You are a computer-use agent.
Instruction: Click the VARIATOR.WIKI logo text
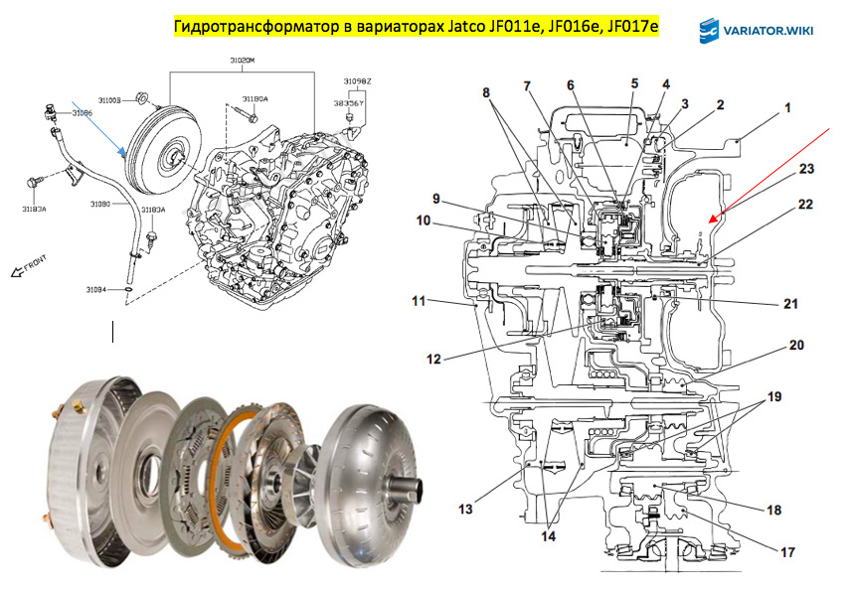tap(770, 31)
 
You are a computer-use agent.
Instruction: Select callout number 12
tap(434, 359)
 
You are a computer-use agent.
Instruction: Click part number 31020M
tap(242, 62)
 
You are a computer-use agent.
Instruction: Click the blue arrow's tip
tap(122, 153)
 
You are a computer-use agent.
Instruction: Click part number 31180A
tap(255, 99)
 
